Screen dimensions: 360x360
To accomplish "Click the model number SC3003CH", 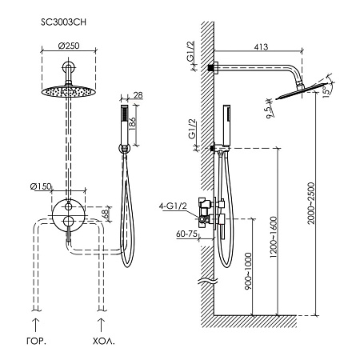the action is click(x=63, y=22).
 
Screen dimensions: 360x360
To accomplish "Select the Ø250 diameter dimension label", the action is click(x=69, y=46).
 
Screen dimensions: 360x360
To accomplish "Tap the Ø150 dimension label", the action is click(x=41, y=186).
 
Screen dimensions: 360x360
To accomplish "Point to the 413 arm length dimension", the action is click(x=261, y=47).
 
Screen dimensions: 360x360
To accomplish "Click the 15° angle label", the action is click(x=327, y=90).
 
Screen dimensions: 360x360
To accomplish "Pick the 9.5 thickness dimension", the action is click(x=270, y=112).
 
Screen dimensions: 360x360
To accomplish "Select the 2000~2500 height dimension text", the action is click(x=311, y=203).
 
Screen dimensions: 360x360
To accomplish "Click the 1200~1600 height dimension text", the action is click(x=274, y=237).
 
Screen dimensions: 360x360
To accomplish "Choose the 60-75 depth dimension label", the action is click(x=187, y=234).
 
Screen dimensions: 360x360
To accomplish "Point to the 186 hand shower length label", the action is click(x=133, y=123).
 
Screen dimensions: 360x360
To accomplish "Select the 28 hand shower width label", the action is click(x=138, y=95).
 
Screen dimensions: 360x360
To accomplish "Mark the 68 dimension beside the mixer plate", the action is click(x=106, y=214).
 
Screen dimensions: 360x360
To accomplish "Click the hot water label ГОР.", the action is click(x=37, y=342).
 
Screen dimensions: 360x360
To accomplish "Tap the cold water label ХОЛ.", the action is click(x=104, y=342).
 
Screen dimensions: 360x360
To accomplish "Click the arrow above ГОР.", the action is click(x=35, y=325).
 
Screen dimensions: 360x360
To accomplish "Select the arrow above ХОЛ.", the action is click(x=101, y=325).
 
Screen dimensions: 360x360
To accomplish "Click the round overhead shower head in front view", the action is click(x=69, y=91).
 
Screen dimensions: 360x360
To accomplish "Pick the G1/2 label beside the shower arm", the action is click(x=190, y=52).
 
